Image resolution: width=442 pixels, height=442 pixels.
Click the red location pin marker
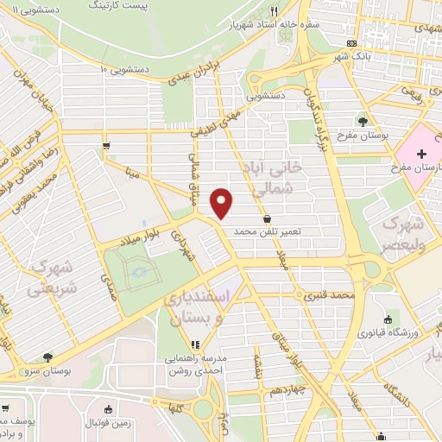(x=223, y=203)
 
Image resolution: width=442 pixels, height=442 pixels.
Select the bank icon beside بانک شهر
(x=352, y=42)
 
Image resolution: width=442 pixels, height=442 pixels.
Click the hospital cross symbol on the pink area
(x=421, y=155)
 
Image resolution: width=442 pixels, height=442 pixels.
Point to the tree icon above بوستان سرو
(x=47, y=357)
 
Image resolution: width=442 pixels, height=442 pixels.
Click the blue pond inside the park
(x=138, y=275)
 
